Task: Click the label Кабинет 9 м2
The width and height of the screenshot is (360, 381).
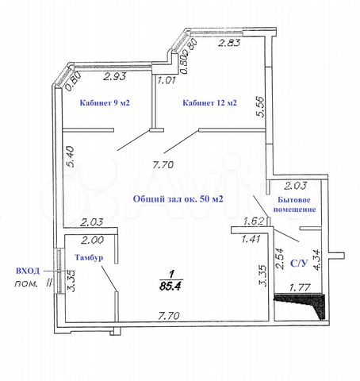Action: click(105, 102)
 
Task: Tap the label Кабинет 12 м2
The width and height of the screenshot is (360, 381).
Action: click(209, 102)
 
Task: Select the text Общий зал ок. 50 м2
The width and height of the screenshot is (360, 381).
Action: click(178, 198)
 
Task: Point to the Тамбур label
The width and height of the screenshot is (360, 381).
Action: click(89, 257)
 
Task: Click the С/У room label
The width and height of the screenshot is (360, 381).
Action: click(299, 263)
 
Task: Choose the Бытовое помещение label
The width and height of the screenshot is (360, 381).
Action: click(294, 205)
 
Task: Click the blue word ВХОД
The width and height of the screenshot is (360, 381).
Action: click(28, 271)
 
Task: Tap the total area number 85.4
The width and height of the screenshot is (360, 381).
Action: click(171, 286)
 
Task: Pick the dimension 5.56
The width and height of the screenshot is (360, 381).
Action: click(260, 107)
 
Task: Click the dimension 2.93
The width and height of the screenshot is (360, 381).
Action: click(114, 77)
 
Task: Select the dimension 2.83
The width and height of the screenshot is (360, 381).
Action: click(229, 43)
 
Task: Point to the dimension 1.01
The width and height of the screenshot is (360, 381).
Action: click(167, 80)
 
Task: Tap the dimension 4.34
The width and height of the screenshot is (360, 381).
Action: click(316, 260)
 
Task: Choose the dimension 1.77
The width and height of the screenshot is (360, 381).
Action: click(299, 287)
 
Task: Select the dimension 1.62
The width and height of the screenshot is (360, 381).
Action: click(253, 221)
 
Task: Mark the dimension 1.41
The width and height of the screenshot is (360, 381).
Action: click(251, 239)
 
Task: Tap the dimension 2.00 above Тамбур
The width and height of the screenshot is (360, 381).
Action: click(92, 241)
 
